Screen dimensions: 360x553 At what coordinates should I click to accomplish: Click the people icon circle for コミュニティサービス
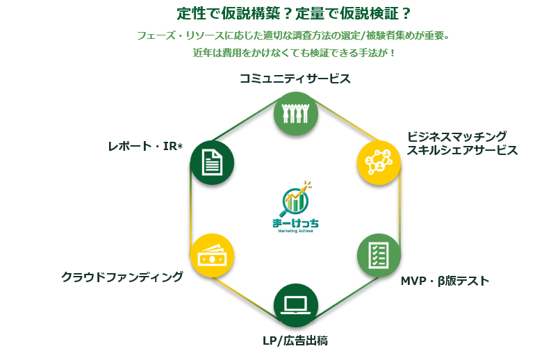coord(296,113)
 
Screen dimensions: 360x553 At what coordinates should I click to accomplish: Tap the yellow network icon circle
coord(379,162)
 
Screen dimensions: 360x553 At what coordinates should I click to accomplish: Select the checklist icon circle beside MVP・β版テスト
coord(379,255)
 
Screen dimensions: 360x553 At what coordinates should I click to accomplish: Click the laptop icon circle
coord(296,304)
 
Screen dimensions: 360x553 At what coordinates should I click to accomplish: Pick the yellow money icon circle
coord(212,255)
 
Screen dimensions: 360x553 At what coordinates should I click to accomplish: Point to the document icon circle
coord(212,163)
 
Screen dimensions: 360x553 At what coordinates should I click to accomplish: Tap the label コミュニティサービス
coord(295,79)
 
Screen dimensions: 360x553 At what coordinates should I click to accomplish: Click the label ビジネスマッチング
coord(456,136)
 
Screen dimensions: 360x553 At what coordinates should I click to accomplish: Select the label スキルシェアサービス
coord(462,150)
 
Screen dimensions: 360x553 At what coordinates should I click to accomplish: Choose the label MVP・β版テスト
coord(445,281)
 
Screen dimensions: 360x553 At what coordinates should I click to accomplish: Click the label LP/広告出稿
coord(295,341)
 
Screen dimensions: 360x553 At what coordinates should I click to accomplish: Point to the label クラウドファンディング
coord(122,277)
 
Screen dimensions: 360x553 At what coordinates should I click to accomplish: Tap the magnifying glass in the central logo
coord(295,200)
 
